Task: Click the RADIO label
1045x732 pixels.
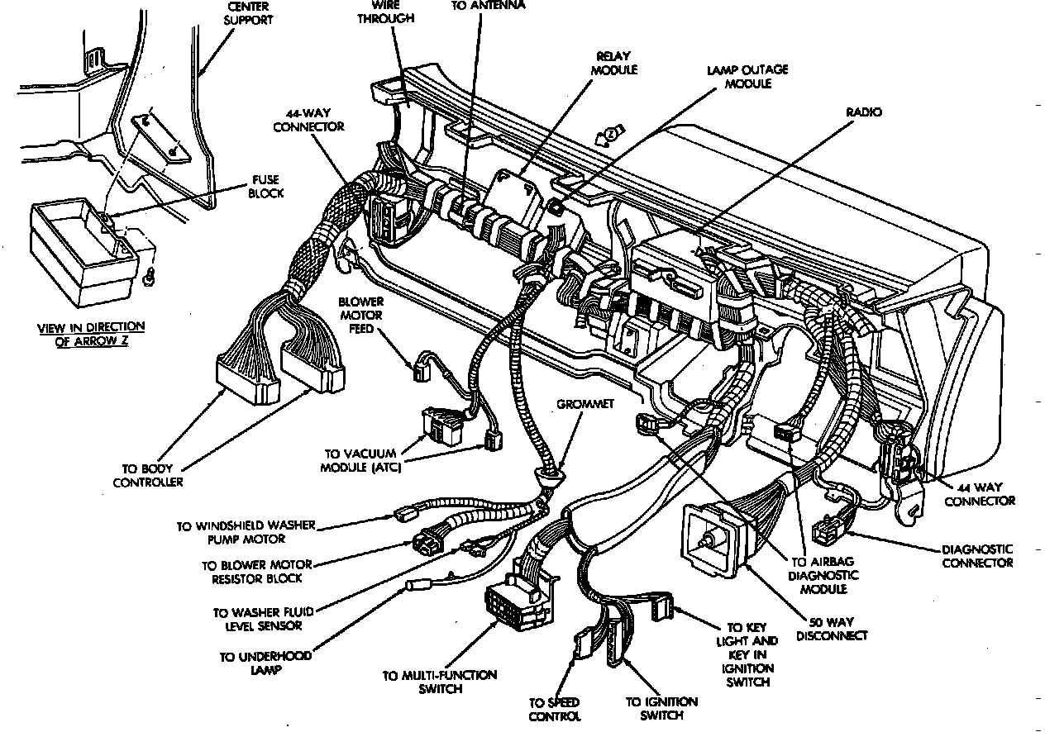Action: click(864, 112)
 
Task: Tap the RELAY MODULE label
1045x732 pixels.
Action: click(613, 64)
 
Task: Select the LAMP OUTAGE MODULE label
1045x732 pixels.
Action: click(747, 77)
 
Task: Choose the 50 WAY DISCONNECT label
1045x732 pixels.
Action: click(830, 629)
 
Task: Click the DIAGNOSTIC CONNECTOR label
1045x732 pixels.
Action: click(977, 556)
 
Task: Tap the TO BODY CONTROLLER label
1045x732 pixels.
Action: click(148, 475)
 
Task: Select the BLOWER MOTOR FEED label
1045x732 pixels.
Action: click(360, 316)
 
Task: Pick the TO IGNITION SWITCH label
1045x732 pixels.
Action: click(661, 709)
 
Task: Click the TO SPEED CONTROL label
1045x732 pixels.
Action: click(556, 709)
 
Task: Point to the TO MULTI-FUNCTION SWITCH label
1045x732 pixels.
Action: click(440, 682)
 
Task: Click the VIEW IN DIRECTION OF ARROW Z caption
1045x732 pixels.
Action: click(91, 334)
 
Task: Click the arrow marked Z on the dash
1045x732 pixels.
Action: click(611, 134)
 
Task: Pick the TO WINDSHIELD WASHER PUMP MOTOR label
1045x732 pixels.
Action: click(245, 532)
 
